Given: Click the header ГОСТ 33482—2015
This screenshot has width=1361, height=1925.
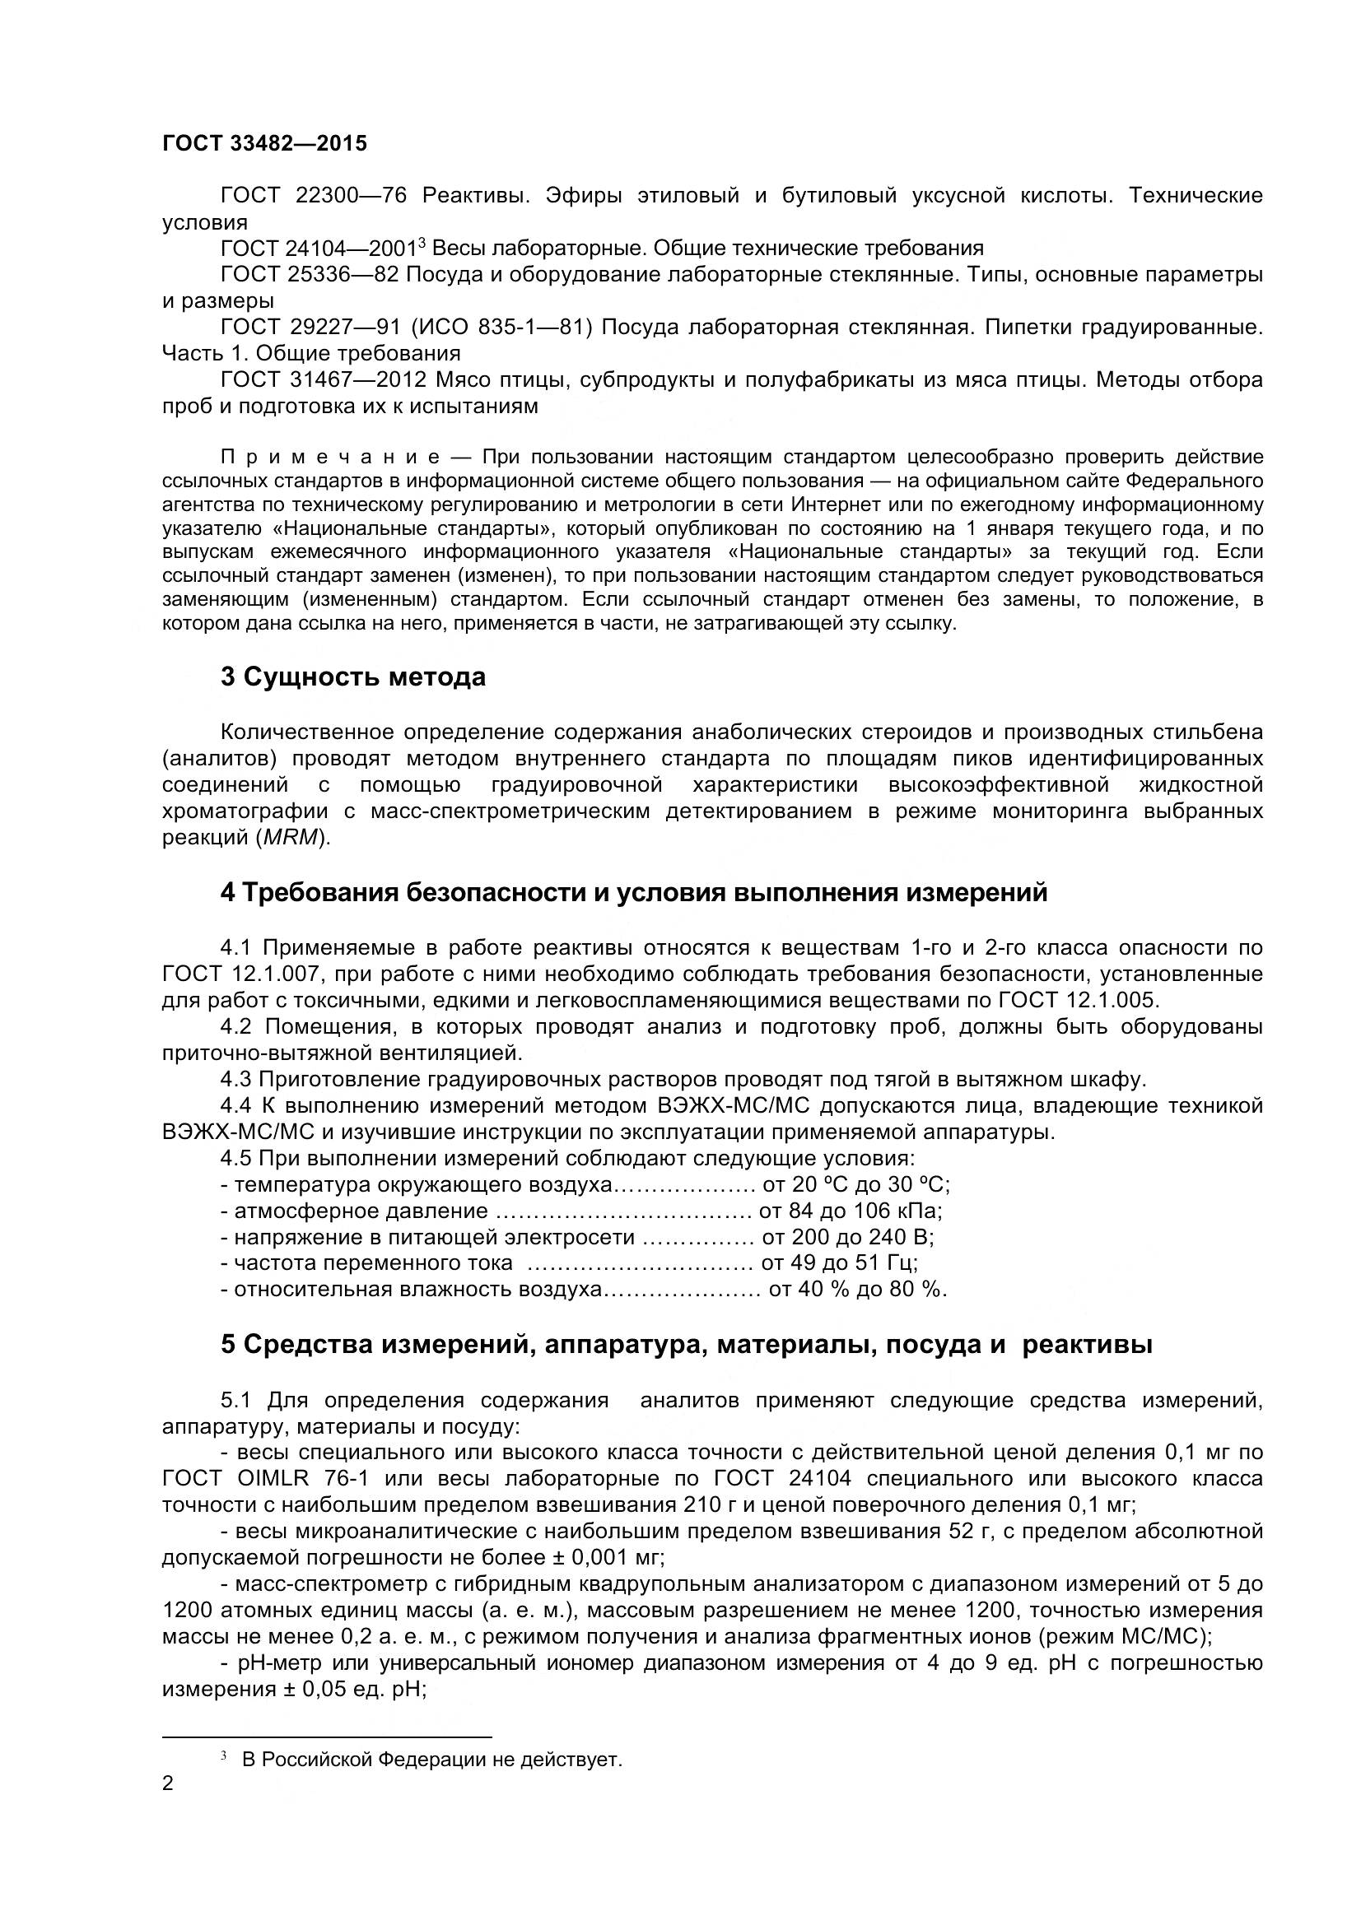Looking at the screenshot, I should tap(264, 143).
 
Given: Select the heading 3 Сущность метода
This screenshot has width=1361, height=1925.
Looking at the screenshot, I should tap(353, 677).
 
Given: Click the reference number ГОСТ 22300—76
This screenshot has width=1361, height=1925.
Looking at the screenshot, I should tap(314, 195).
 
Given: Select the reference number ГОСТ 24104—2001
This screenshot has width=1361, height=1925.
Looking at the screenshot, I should tap(319, 249).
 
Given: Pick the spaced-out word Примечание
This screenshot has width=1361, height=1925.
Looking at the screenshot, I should tap(330, 457).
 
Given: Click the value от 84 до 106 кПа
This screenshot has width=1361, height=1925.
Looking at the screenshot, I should tap(851, 1211).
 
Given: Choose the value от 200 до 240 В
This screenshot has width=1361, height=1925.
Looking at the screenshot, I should tap(847, 1237).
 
